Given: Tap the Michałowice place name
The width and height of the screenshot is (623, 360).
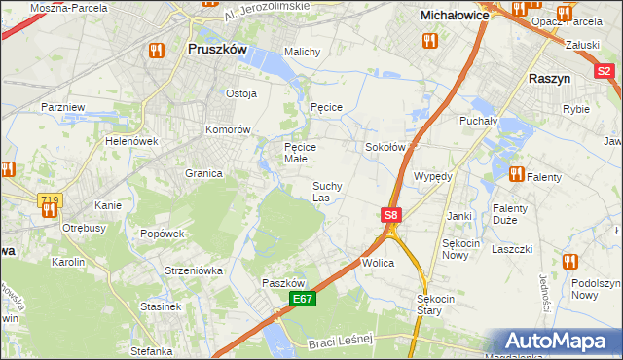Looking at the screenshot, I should [x=453, y=16].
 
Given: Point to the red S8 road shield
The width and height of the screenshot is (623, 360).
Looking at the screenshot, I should [x=390, y=215].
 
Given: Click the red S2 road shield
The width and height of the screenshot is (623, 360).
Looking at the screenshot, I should [x=605, y=71].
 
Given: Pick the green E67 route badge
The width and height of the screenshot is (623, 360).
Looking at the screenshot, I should [x=302, y=303].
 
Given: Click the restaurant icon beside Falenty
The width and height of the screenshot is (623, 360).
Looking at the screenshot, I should [x=515, y=174].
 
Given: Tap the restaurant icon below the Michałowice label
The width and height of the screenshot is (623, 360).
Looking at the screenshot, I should [x=429, y=40].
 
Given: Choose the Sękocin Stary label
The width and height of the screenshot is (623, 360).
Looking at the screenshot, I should [x=435, y=305].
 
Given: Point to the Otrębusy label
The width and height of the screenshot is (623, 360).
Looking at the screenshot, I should [x=83, y=228].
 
